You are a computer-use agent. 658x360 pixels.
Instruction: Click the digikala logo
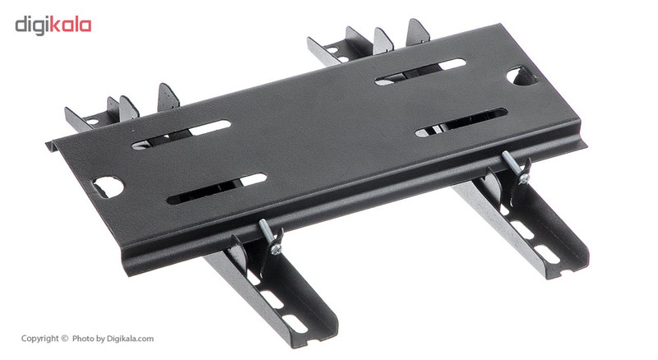coord(53,25)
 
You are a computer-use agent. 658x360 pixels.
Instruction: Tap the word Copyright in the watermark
coord(39,339)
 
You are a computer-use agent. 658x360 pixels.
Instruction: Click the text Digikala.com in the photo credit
coord(130,339)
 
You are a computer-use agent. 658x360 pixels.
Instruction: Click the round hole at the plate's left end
coord(109,187)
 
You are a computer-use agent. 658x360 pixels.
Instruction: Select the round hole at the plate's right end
coord(521,76)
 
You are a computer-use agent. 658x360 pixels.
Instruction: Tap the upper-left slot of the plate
coord(181,135)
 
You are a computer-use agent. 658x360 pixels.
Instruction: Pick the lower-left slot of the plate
coord(216,188)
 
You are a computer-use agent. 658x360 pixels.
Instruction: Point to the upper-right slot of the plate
coord(420,72)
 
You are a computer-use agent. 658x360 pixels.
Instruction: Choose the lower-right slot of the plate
coord(461,122)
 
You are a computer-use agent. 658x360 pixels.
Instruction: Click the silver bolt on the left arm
coord(269,237)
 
